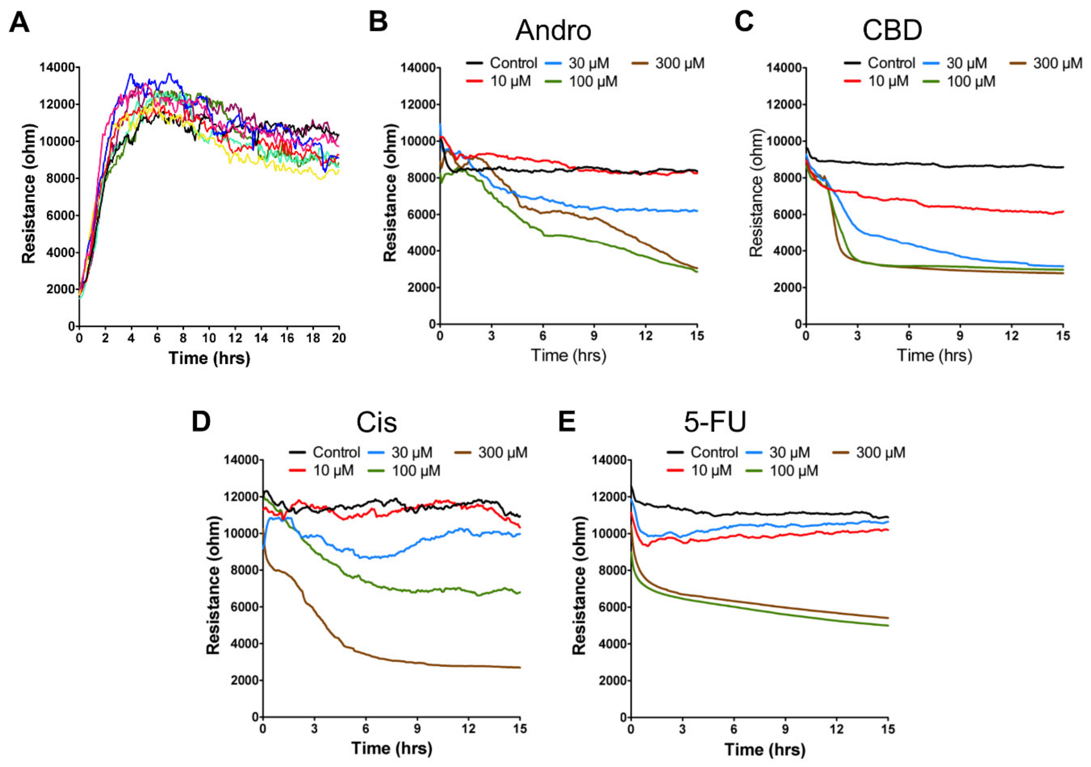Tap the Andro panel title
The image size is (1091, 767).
tap(553, 30)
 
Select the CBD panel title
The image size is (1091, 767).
tap(892, 30)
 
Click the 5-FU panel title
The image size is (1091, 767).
tap(715, 422)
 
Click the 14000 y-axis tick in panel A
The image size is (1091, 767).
tap(57, 68)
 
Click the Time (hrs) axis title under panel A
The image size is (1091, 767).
tap(209, 358)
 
